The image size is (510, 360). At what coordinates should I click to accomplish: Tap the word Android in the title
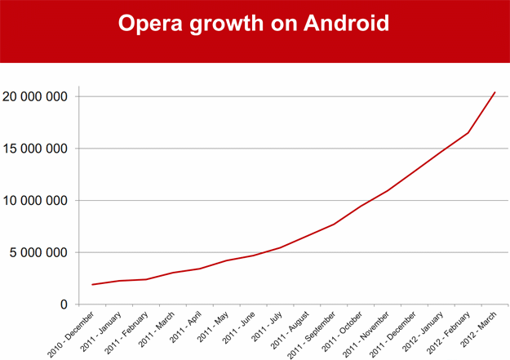click(346, 23)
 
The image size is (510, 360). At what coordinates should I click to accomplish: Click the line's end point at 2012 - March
click(495, 92)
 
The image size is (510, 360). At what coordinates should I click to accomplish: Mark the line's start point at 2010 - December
click(93, 285)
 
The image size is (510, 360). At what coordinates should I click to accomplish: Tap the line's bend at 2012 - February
click(468, 133)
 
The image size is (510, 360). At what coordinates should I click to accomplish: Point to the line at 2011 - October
click(361, 206)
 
